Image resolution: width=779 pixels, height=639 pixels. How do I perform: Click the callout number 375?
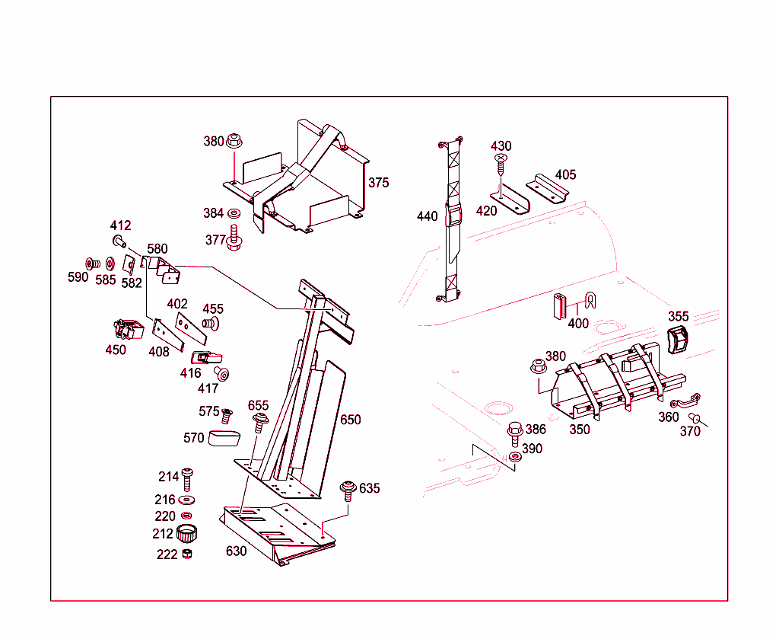click(x=378, y=183)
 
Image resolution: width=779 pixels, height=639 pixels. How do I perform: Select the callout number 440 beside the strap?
click(x=427, y=216)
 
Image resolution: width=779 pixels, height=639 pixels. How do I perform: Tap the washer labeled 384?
click(x=234, y=213)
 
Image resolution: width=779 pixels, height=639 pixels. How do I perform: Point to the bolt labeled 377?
click(x=234, y=239)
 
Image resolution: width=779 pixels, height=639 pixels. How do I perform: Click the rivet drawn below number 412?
click(x=119, y=241)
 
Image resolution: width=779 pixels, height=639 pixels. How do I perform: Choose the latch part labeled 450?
click(x=126, y=330)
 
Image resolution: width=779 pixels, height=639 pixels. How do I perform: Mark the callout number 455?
click(x=213, y=308)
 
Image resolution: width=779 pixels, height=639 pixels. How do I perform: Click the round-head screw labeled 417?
click(x=222, y=374)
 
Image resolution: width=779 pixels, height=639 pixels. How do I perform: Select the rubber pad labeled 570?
click(x=224, y=437)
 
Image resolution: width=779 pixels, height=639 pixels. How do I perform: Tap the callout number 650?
click(x=351, y=420)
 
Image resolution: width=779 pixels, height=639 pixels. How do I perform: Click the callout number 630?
click(x=236, y=551)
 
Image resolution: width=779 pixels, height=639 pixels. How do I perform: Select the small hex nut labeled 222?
click(x=188, y=554)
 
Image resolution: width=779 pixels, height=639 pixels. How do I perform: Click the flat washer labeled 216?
click(x=187, y=500)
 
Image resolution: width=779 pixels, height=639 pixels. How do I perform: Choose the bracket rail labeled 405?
click(x=549, y=187)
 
